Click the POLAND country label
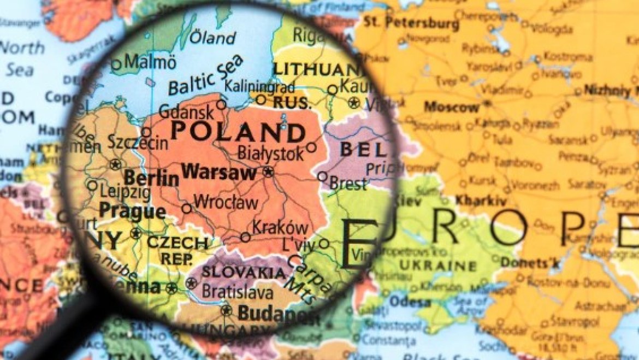(x=238, y=132)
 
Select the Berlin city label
(x=151, y=178)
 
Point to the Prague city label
(x=133, y=211)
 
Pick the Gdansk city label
(x=188, y=113)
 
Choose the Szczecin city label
(x=138, y=143)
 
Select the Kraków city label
(x=280, y=227)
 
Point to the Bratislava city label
(x=237, y=292)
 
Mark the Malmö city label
(x=150, y=62)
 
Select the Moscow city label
(x=451, y=107)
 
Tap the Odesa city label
(x=410, y=302)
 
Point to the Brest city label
(x=348, y=184)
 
